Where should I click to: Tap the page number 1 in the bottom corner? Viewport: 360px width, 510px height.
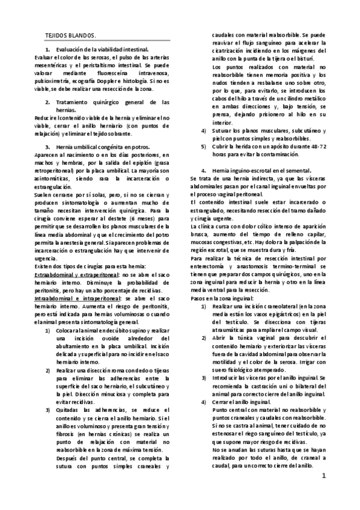(x=323, y=476)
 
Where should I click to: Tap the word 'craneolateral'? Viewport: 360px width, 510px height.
(x=273, y=306)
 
